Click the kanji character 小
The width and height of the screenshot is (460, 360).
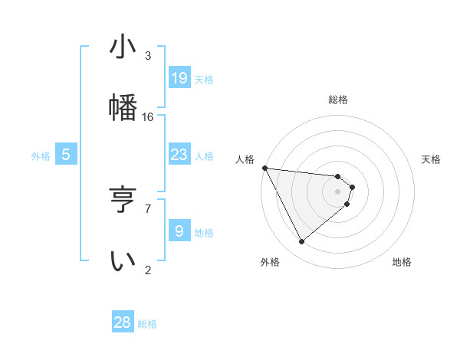pos(123,47)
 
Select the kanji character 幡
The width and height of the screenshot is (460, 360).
pos(123,106)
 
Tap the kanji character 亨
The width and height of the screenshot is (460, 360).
pos(123,201)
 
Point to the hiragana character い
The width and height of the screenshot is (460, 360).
pos(123,260)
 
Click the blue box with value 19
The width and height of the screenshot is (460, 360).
pos(179,78)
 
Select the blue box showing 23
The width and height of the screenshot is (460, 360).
pos(179,155)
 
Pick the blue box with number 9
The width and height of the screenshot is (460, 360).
pos(179,231)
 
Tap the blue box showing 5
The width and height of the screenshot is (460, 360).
pos(66,155)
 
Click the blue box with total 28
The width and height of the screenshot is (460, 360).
pos(123,322)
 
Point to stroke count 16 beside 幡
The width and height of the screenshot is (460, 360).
pos(148,117)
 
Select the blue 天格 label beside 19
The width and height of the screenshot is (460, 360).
pos(203,79)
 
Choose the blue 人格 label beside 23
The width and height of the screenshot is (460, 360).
pos(203,155)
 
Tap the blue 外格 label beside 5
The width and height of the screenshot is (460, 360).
pos(41,155)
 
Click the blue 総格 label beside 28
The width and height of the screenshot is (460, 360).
pos(147,323)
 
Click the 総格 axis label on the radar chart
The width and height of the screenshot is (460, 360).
pos(338,100)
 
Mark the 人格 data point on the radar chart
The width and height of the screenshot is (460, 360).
pos(264,168)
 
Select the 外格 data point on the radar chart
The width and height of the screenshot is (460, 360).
pos(301,242)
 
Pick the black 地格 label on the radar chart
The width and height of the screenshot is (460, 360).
pos(402,262)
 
